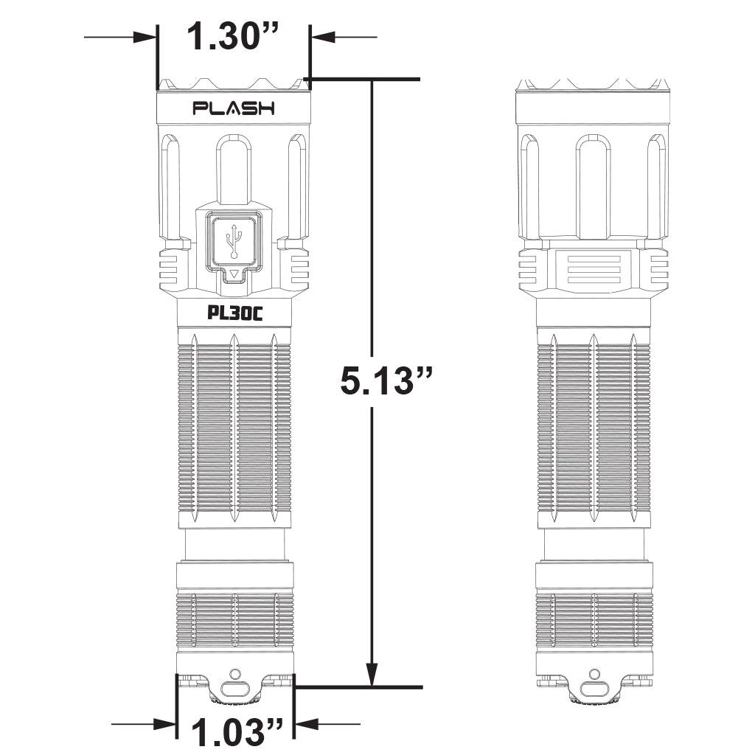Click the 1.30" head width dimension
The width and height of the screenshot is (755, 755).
[x=234, y=36]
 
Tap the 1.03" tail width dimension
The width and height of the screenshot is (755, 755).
[x=237, y=732]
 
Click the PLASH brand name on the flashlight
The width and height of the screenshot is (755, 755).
[x=234, y=108]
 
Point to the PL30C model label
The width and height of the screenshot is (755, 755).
[x=234, y=313]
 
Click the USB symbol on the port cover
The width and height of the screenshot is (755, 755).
[x=234, y=241]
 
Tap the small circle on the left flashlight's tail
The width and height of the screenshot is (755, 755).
[x=235, y=674]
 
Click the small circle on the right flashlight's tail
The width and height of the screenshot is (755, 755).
[x=594, y=674]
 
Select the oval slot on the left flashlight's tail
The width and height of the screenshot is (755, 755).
[x=235, y=690]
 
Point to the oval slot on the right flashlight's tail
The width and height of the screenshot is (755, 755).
[x=594, y=690]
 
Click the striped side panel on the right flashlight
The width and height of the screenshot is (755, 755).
[x=594, y=269]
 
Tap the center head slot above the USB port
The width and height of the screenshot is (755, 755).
[x=234, y=170]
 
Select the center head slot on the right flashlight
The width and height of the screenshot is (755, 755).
[x=594, y=186]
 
